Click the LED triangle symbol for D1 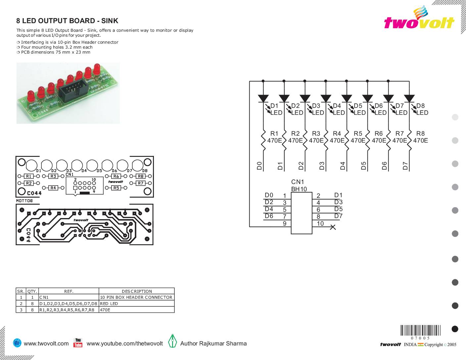coord(263,98)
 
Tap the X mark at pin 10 coord(333,227)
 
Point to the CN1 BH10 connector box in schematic coord(302,213)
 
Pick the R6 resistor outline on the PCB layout coord(116,176)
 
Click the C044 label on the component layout coord(34,193)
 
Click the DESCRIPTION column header coord(137,292)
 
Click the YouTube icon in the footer coord(78,343)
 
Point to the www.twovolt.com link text coord(46,343)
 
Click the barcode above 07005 coord(420,330)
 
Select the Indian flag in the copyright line coord(420,344)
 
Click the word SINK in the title coord(111,21)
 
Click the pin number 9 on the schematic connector coord(284,224)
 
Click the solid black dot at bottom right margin coord(455,329)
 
